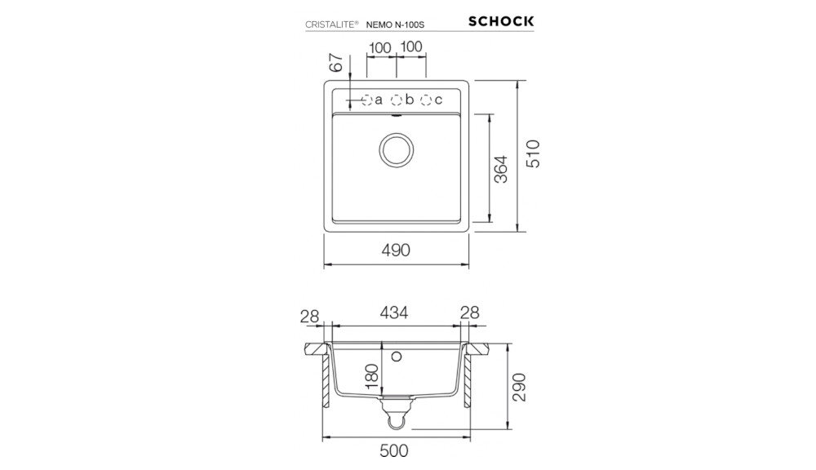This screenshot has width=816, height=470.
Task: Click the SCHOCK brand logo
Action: coord(501,21)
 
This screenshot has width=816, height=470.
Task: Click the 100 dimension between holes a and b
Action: coord(379,47)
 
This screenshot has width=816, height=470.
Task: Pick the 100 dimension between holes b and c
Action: coord(411,47)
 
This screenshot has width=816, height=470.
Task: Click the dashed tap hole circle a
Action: coord(366,100)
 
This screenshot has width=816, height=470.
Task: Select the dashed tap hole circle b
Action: coord(397,100)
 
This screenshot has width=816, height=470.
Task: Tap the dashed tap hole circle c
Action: coord(425,100)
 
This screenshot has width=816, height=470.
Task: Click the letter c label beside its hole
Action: coord(438,100)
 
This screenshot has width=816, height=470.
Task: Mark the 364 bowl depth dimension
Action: coord(501,168)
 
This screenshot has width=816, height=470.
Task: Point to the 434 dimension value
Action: coord(392,313)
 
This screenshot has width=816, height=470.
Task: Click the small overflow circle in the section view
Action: coord(397,357)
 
